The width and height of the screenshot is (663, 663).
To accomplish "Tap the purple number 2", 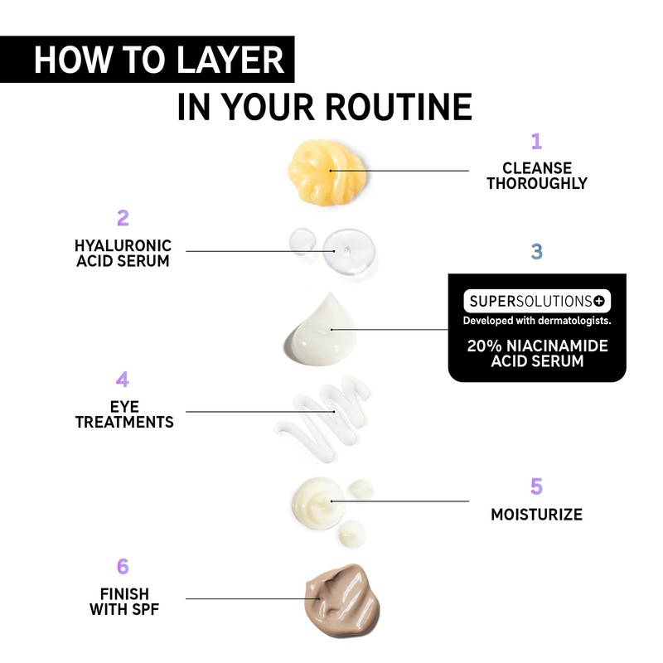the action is [123, 218].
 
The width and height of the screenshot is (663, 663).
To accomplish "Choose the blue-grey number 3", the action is [536, 251].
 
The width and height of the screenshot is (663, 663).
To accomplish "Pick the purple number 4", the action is [123, 380].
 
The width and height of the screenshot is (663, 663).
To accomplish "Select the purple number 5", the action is [536, 486].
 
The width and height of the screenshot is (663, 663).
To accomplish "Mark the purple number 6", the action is [123, 567].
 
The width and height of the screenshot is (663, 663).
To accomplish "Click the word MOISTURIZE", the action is [536, 515].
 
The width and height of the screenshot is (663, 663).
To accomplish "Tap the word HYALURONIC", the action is [123, 245].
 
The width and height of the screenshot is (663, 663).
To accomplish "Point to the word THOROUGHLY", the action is [536, 183].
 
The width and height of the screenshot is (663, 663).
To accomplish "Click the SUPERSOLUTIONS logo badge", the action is [536, 300].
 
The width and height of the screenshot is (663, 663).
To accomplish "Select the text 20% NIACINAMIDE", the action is [536, 346].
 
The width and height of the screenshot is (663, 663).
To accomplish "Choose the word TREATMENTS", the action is [124, 422].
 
